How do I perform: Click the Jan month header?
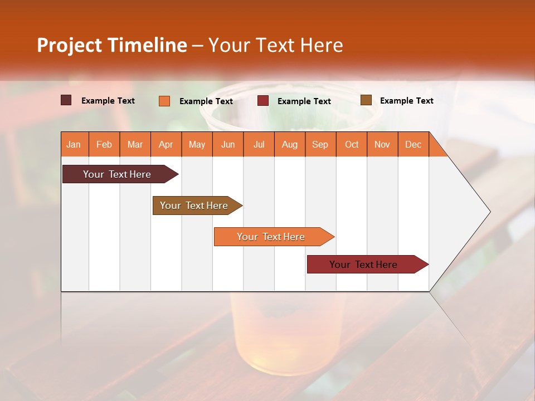point(74,144)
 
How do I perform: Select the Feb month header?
point(104,144)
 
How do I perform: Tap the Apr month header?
point(166,144)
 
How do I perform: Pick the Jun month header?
point(228,144)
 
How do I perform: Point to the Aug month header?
point(289,144)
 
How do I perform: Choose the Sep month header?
point(320,144)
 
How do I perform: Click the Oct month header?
point(352,144)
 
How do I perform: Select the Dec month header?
point(413,144)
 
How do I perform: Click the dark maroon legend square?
point(66,100)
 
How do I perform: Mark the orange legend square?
point(164,101)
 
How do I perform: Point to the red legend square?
point(263,101)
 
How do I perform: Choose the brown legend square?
point(366,100)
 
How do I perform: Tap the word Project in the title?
point(70,45)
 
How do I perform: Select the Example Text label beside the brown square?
point(406,101)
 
